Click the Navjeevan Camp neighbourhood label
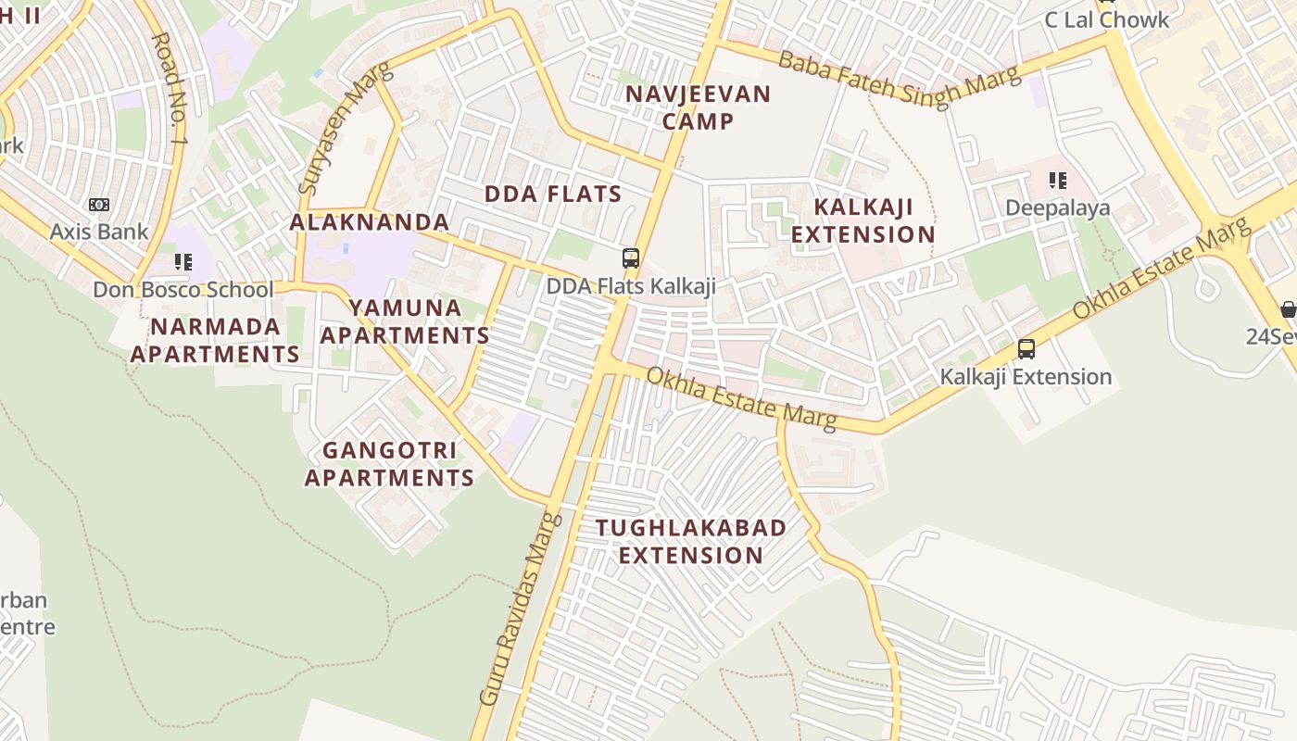(x=698, y=107)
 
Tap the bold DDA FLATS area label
(x=553, y=194)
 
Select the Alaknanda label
(x=369, y=222)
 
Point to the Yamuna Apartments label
(x=405, y=321)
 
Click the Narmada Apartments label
(x=215, y=340)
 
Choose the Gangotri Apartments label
(x=389, y=464)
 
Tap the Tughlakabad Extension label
(x=690, y=541)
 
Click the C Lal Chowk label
(x=1106, y=19)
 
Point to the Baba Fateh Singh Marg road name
(x=898, y=78)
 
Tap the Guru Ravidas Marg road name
(x=520, y=607)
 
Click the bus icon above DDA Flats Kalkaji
(x=631, y=258)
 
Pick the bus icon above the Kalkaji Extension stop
(x=1026, y=349)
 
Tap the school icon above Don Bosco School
(x=183, y=262)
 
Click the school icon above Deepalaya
(x=1057, y=181)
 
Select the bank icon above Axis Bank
(x=98, y=205)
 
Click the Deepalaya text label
(x=1057, y=207)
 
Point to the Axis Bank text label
(x=98, y=232)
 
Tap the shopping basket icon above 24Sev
(x=1288, y=309)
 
